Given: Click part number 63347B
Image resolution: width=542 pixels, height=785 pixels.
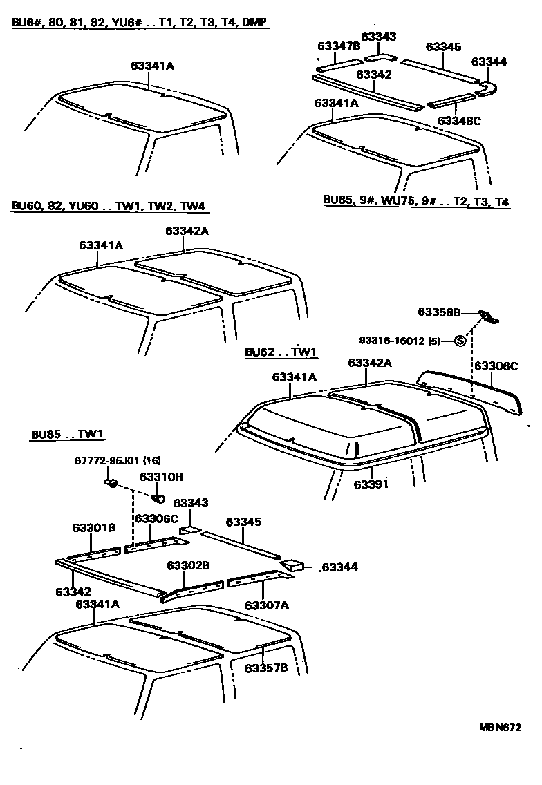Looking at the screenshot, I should click(339, 46).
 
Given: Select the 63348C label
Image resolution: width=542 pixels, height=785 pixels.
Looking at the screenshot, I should click(459, 121).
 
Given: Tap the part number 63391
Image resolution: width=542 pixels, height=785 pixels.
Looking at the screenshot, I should click(371, 484).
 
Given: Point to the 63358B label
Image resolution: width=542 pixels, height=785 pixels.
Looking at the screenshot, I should click(439, 312).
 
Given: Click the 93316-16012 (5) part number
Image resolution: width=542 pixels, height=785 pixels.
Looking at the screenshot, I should click(400, 341).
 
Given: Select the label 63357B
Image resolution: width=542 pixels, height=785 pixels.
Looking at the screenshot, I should click(265, 668).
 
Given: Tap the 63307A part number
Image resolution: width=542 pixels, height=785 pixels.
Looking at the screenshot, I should click(265, 605).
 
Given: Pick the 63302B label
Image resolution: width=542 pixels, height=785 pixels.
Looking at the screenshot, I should click(188, 565).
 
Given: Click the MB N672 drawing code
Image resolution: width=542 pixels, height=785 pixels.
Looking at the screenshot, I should click(501, 727).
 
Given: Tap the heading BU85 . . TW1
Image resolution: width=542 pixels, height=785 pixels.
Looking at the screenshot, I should click(67, 435).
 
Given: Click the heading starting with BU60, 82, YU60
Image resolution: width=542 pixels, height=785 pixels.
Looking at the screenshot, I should click(109, 206).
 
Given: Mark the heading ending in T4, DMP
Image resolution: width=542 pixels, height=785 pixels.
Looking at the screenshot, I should click(140, 23).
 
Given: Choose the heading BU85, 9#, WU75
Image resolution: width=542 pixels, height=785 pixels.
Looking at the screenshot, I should click(417, 201).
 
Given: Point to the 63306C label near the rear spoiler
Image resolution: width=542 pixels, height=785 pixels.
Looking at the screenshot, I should click(496, 365).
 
